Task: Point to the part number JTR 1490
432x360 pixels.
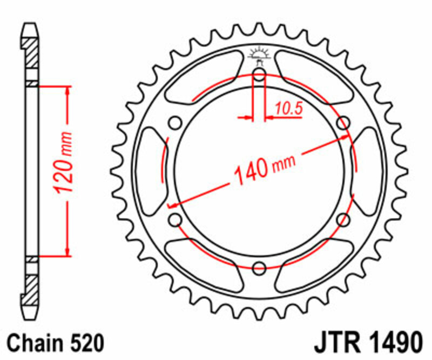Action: tap(367, 343)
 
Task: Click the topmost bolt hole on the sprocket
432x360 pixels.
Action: tap(259, 75)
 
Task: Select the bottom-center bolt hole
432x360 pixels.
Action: tap(259, 267)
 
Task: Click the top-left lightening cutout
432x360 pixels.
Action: tap(205, 76)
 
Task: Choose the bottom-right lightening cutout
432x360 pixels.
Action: tap(313, 266)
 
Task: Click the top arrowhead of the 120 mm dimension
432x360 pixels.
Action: tap(68, 90)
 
